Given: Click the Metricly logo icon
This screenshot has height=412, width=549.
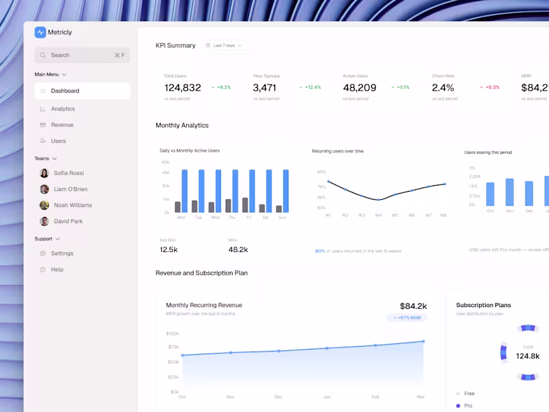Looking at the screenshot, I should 40,32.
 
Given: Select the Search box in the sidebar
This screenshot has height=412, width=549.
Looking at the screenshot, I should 82,55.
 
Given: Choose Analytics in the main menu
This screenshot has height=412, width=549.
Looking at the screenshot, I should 62,108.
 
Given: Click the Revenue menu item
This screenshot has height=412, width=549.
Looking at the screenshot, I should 62,125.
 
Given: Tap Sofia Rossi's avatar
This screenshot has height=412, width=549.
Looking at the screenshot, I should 44,173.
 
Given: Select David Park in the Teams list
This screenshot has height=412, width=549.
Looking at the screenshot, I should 68,221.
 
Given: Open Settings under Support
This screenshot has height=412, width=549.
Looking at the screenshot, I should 62,253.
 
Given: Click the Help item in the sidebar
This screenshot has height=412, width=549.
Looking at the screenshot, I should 57,269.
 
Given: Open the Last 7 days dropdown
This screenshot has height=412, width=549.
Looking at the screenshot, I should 224,45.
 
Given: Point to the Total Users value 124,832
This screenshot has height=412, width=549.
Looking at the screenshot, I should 183,88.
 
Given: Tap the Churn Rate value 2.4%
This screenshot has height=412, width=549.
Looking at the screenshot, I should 443,88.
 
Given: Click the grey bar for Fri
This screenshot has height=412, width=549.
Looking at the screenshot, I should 245,205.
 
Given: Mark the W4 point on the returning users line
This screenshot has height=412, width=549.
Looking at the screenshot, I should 378,199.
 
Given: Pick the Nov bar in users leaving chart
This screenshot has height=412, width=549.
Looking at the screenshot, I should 509,192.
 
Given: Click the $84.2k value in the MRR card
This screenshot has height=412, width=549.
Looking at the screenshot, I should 413,306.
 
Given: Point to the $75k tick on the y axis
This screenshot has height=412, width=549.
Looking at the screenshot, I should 172,347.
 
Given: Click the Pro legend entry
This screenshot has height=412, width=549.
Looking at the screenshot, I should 468,406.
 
